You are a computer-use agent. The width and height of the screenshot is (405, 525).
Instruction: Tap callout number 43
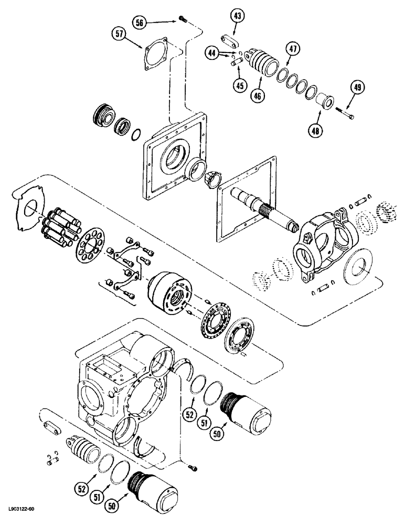238,17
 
